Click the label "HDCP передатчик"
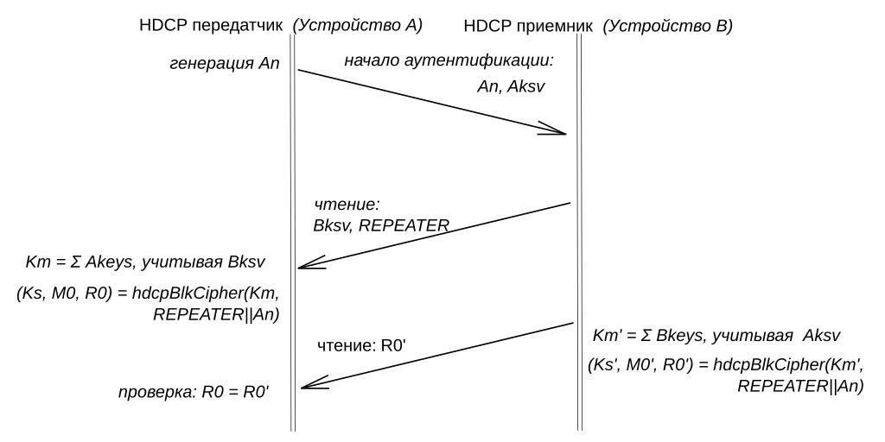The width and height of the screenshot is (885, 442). [x=211, y=26]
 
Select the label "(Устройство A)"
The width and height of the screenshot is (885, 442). [x=357, y=26]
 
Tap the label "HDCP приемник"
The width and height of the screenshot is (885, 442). [x=528, y=26]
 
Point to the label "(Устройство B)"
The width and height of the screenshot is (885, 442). [x=666, y=26]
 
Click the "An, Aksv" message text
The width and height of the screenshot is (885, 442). [x=511, y=86]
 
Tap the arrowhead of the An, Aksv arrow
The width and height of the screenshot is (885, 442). [x=557, y=132]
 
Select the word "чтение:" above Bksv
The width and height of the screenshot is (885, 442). [x=347, y=205]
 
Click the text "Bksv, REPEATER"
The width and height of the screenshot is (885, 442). [x=381, y=225]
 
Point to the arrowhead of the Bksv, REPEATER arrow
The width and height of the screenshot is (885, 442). [x=307, y=264]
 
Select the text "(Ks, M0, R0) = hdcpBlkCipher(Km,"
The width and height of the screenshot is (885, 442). [x=148, y=294]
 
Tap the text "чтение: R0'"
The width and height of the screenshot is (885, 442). [x=362, y=346]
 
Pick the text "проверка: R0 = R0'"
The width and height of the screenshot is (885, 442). [x=194, y=393]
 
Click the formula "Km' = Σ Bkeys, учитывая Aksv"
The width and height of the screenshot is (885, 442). [x=716, y=335]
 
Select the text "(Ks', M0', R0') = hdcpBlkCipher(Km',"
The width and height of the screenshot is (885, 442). [x=725, y=365]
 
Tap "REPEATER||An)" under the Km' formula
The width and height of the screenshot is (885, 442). [x=800, y=386]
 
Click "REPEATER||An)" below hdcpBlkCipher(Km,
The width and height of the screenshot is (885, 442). [x=216, y=314]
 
